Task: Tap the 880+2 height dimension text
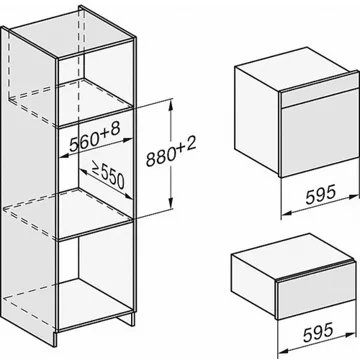(171, 153)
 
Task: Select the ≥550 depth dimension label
(107, 176)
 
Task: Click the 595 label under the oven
(320, 196)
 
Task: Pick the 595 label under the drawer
(318, 332)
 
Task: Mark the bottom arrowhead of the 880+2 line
(171, 203)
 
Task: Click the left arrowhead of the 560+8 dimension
(64, 155)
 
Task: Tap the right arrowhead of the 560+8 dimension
(128, 140)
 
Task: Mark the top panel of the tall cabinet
(72, 32)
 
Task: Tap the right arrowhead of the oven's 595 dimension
(353, 197)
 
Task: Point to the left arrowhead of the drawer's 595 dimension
(283, 351)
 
